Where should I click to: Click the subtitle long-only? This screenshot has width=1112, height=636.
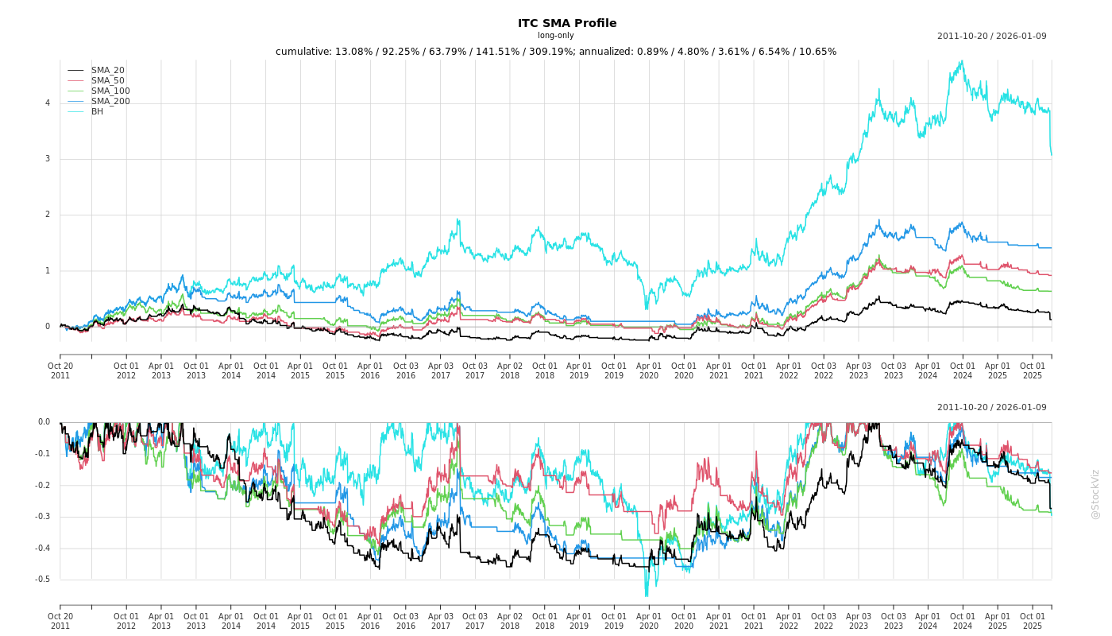pos(555,36)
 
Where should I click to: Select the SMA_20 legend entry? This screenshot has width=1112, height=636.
pos(107,71)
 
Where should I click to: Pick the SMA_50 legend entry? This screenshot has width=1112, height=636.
pos(107,80)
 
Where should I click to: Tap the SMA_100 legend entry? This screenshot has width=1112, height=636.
pos(110,91)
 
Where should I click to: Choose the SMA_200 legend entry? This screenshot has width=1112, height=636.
pos(110,101)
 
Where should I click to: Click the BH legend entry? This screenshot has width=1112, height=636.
pos(97,111)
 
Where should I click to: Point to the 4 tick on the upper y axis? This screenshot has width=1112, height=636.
pos(48,103)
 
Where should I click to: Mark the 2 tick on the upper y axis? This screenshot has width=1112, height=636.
pos(48,215)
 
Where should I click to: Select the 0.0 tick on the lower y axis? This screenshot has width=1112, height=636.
pos(43,422)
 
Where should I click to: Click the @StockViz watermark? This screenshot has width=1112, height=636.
pos(1095,494)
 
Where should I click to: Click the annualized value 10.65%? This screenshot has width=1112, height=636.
pos(817,52)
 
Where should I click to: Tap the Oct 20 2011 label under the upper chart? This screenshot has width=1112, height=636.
pos(60,370)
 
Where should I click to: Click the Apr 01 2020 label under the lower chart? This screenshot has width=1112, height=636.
pos(649,621)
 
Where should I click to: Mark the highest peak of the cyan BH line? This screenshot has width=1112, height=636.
pos(962,61)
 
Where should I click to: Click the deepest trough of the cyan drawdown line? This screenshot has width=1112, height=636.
pos(646,595)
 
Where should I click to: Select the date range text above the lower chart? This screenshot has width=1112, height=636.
pos(991,408)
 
